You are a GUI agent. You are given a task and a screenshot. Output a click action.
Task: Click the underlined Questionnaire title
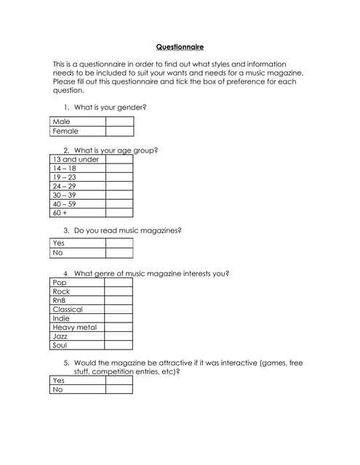click(180, 47)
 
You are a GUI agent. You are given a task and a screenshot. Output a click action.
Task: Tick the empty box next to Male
click(119, 122)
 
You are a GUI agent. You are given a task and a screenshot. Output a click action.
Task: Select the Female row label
click(65, 132)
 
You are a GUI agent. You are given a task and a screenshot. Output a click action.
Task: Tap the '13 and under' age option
click(76, 159)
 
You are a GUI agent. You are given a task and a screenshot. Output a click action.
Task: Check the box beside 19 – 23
click(119, 177)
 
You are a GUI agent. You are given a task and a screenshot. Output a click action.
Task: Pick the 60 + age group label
click(60, 212)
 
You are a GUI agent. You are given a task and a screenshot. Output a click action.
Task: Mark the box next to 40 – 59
click(119, 203)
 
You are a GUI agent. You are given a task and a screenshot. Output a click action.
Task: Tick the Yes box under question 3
click(119, 243)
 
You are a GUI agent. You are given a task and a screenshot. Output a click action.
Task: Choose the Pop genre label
click(60, 282)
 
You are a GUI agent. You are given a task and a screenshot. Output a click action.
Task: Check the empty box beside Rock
click(118, 291)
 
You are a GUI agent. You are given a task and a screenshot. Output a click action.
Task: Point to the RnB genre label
click(60, 300)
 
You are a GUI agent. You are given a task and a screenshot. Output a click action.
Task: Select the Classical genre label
click(68, 309)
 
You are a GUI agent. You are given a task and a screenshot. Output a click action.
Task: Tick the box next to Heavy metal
click(118, 327)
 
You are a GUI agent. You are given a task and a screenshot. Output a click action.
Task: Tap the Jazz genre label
click(60, 336)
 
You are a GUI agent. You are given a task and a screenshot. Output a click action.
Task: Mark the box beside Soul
click(118, 345)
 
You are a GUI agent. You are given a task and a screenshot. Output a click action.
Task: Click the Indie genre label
click(62, 318)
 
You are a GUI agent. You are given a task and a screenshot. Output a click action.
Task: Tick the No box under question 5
click(119, 389)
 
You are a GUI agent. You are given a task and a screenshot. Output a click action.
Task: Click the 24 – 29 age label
click(64, 186)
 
